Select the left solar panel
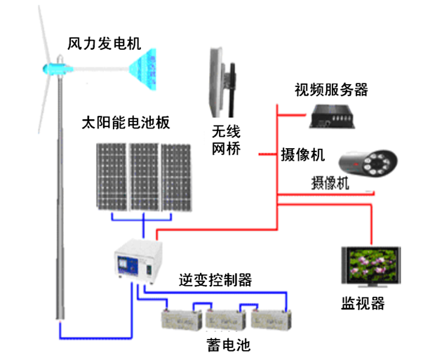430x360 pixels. pos(110,177)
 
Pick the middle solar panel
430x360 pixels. pos(144,177)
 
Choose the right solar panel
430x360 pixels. pos(176,177)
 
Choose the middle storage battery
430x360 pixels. pos(224,320)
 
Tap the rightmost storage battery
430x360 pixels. pos(269,320)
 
